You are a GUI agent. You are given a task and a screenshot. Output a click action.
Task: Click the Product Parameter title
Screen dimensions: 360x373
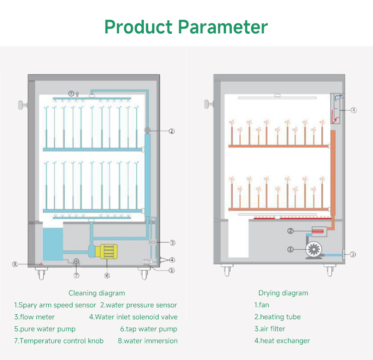186,26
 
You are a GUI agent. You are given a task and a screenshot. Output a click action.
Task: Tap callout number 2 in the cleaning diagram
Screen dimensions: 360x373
172,131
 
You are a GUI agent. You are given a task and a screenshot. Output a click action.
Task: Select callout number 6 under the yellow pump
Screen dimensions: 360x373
107,275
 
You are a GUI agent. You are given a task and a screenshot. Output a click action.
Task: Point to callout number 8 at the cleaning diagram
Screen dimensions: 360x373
15,264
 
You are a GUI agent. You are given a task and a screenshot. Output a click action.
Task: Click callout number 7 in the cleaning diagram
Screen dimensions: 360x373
76,275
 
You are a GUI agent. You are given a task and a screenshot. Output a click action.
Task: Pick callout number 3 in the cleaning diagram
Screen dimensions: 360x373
172,243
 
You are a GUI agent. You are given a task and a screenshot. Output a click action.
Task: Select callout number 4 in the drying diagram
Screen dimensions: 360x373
354,110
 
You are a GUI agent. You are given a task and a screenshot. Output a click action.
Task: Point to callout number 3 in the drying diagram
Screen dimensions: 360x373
353,255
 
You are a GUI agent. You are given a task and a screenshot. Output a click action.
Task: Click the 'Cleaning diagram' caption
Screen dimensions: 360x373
96,293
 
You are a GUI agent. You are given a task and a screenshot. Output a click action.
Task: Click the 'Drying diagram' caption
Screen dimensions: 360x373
283,293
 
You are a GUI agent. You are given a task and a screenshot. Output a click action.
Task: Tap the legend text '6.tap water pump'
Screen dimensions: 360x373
148,329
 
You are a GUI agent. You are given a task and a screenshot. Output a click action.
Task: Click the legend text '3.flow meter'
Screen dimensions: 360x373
34,317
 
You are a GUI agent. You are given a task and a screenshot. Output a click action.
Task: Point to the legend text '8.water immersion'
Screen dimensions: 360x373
147,341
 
